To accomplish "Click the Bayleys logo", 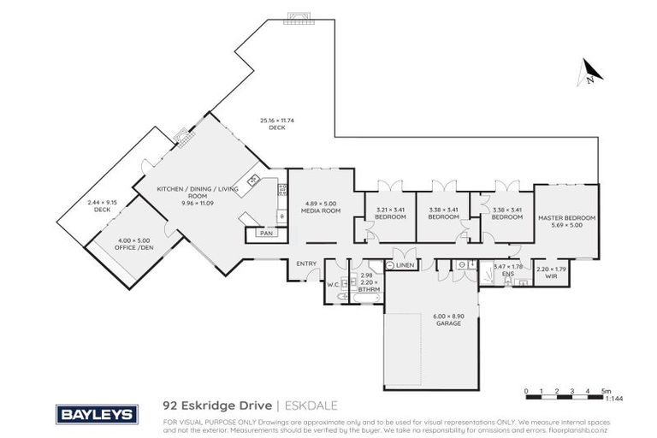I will point(96,414).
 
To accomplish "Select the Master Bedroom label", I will point(566,218).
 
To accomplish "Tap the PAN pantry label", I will point(265,232).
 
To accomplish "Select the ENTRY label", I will point(306,263).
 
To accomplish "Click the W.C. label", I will point(333,285).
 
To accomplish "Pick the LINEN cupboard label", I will point(405,266).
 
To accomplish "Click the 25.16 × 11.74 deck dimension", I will point(276,121).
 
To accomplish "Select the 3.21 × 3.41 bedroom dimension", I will point(389,210).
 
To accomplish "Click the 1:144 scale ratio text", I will point(613,399).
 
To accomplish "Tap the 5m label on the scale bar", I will point(606,390).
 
